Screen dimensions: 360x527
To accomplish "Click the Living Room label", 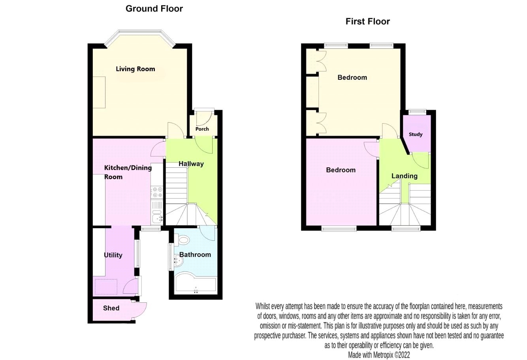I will pyautogui.click(x=135, y=69).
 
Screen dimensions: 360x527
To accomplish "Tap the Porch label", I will pyautogui.click(x=202, y=129).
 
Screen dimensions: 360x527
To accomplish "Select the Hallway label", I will pyautogui.click(x=191, y=164).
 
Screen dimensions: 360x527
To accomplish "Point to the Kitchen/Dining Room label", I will pyautogui.click(x=127, y=172).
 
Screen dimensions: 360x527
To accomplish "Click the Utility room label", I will pyautogui.click(x=113, y=255).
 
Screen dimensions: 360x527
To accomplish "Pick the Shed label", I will pyautogui.click(x=111, y=308).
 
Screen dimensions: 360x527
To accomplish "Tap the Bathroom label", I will pyautogui.click(x=195, y=255).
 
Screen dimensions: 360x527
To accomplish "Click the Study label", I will pyautogui.click(x=416, y=134).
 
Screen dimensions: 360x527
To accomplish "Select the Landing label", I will pyautogui.click(x=404, y=176).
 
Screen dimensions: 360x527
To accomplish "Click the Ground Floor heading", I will pyautogui.click(x=154, y=8).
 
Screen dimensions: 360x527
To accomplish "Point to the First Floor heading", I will pyautogui.click(x=367, y=21).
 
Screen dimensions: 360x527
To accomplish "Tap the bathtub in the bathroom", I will pyautogui.click(x=195, y=282).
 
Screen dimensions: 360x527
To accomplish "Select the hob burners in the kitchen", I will pyautogui.click(x=157, y=192).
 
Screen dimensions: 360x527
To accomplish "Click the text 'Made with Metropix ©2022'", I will pyautogui.click(x=379, y=355).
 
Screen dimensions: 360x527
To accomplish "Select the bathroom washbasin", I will pyautogui.click(x=178, y=260).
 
